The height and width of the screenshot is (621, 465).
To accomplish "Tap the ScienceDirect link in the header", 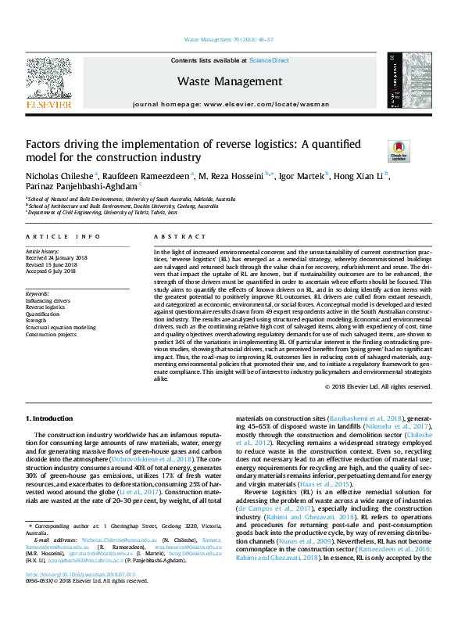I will pyautogui.click(x=269, y=60).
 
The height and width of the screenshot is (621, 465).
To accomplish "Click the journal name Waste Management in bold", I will pyautogui.click(x=230, y=81).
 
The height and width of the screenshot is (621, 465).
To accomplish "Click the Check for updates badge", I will pyautogui.click(x=399, y=150).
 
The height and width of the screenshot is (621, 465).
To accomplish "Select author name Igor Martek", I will pyautogui.click(x=301, y=175).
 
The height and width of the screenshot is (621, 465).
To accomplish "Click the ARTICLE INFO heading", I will pyautogui.click(x=63, y=236).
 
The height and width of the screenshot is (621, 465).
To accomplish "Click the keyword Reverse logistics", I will pyautogui.click(x=48, y=307).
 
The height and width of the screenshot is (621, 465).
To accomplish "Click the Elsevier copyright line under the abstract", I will pyautogui.click(x=383, y=386).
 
